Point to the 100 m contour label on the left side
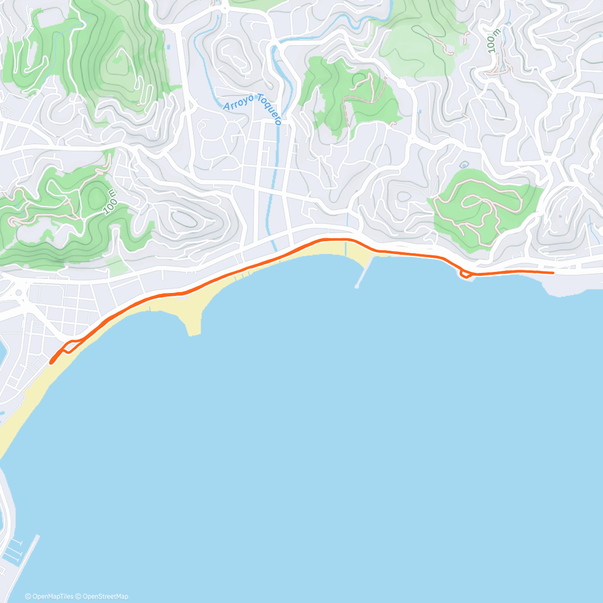tap(111, 202)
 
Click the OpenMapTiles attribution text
tap(50, 596)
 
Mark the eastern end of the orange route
tap(553, 272)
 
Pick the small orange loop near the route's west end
tap(70, 346)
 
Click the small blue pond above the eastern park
tap(463, 164)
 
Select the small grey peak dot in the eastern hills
tap(559, 217)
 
